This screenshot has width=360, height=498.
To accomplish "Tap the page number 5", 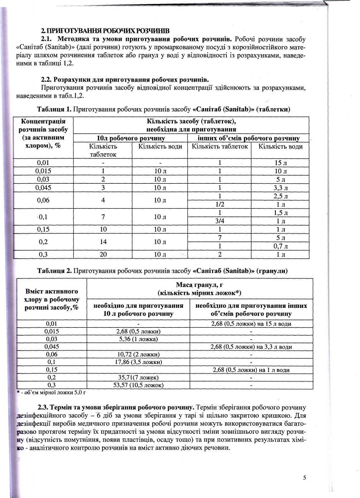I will point(304,478).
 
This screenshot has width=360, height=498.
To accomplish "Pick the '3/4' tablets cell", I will point(220,221).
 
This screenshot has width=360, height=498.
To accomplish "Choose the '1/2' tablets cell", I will point(220,204).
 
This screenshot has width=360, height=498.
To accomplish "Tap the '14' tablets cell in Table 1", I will point(103,242).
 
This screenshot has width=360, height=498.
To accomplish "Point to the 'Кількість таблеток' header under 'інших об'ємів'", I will point(220,146).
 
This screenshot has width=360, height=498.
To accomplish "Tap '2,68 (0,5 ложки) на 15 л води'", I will point(250,324).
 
